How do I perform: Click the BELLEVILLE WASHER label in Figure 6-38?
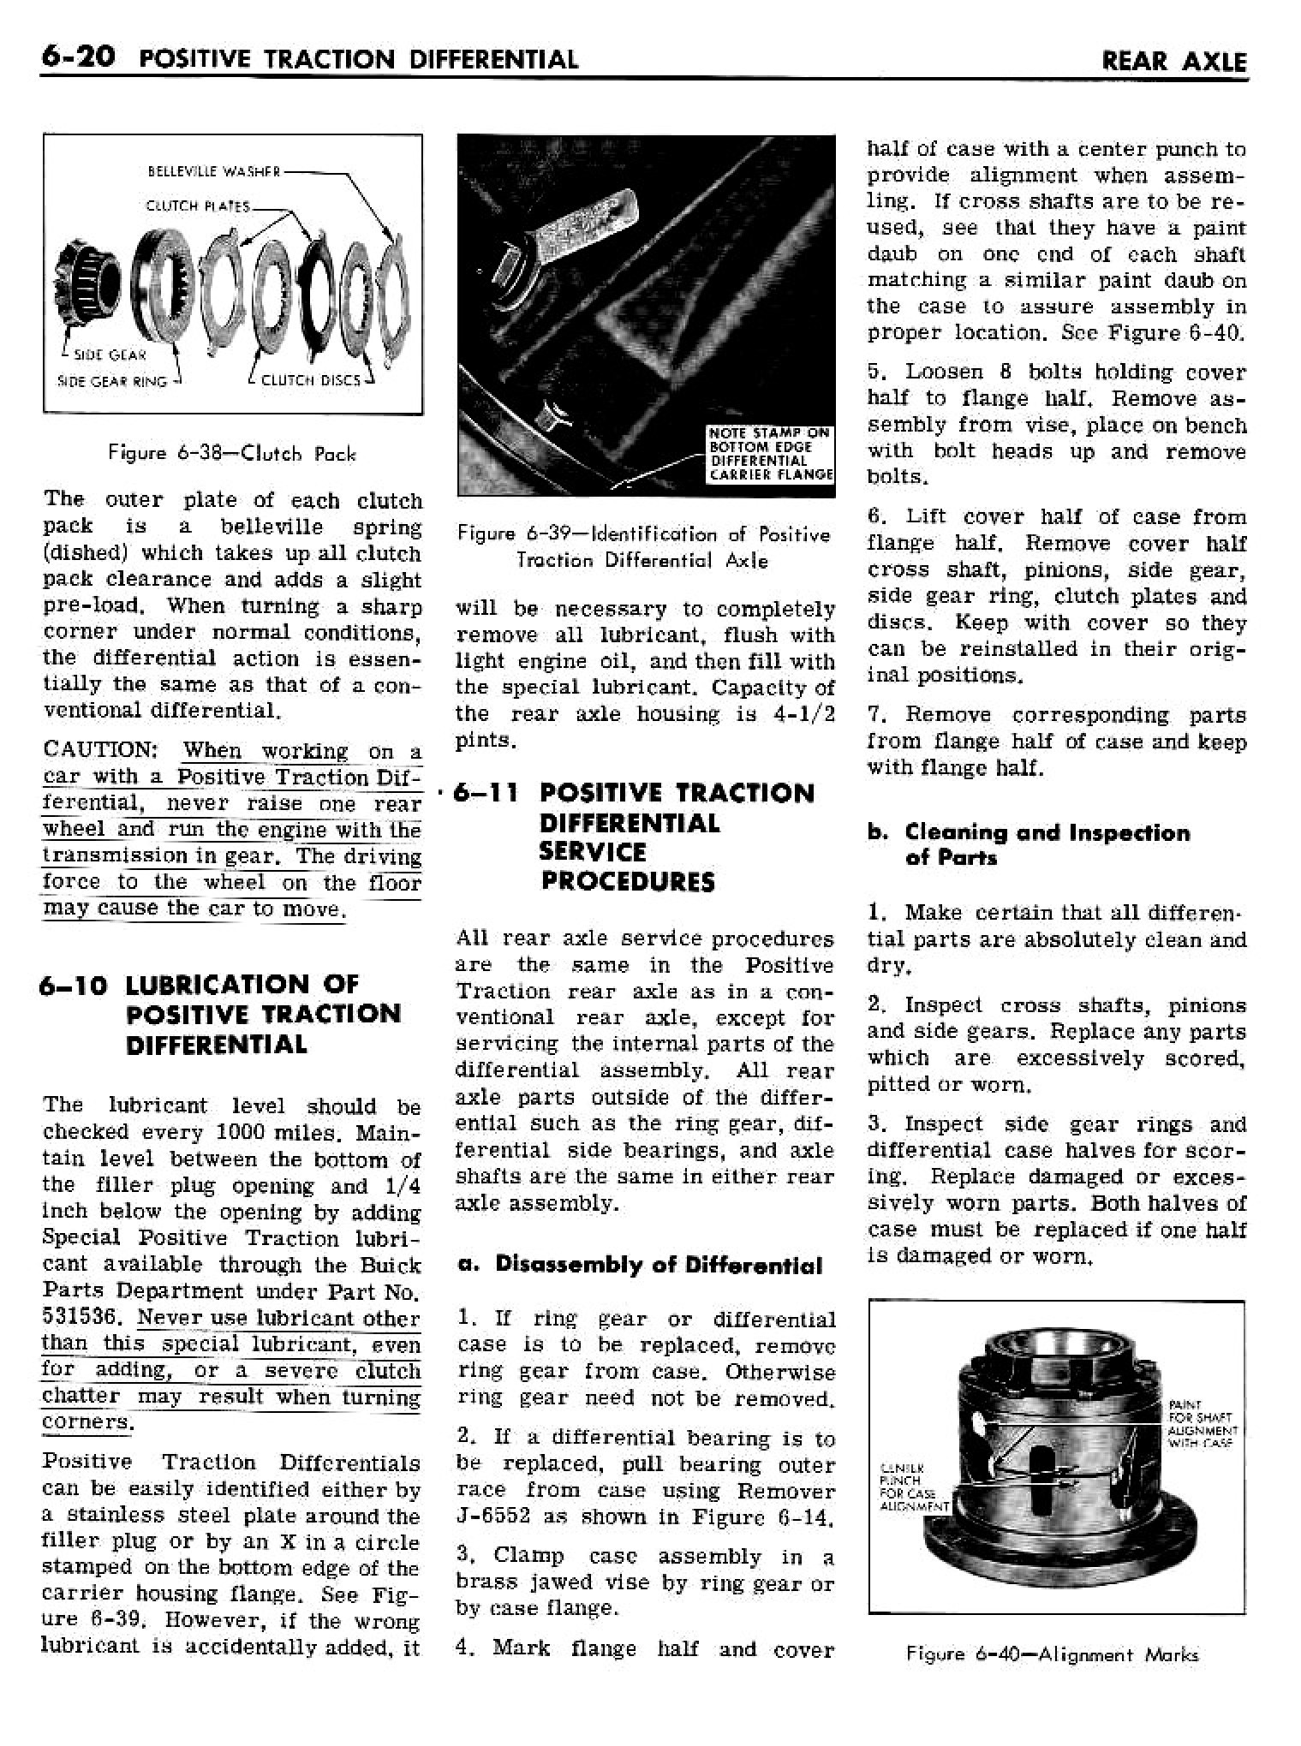tap(214, 170)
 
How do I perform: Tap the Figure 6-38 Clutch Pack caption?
tap(232, 454)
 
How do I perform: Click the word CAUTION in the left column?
tap(98, 751)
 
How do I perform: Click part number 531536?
tap(84, 1317)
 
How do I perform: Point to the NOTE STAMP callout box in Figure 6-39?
tap(768, 454)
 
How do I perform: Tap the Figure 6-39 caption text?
tap(644, 547)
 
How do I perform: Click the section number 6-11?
tap(486, 794)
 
